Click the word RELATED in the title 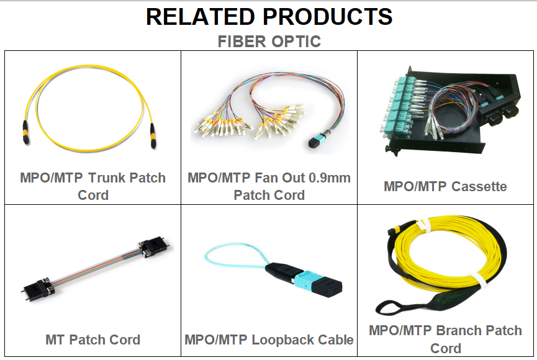[200, 16]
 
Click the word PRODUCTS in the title [327, 16]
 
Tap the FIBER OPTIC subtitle [269, 42]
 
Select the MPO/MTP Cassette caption [445, 186]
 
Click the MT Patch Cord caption [93, 340]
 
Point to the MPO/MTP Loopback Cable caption [269, 340]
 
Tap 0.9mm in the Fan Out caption [330, 178]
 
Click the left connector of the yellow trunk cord [25, 133]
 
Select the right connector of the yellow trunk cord [153, 136]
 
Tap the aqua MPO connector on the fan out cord [318, 140]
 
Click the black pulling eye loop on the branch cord [390, 307]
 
